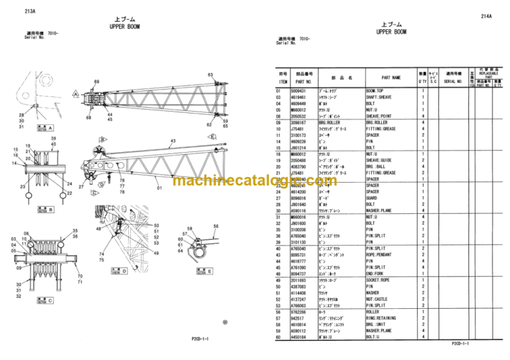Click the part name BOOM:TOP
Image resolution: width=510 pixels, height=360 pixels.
[377, 90]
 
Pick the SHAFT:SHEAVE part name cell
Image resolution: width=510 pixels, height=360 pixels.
[381, 97]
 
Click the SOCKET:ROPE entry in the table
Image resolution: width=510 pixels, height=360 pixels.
[381, 280]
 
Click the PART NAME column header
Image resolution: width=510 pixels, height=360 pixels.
[390, 78]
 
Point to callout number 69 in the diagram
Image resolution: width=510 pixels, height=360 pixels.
[96, 82]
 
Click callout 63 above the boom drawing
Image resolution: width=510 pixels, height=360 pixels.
[211, 75]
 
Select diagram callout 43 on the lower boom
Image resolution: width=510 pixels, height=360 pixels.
[173, 141]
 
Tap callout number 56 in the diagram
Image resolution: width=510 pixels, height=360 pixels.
[215, 226]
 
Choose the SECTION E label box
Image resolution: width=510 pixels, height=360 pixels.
[202, 271]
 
